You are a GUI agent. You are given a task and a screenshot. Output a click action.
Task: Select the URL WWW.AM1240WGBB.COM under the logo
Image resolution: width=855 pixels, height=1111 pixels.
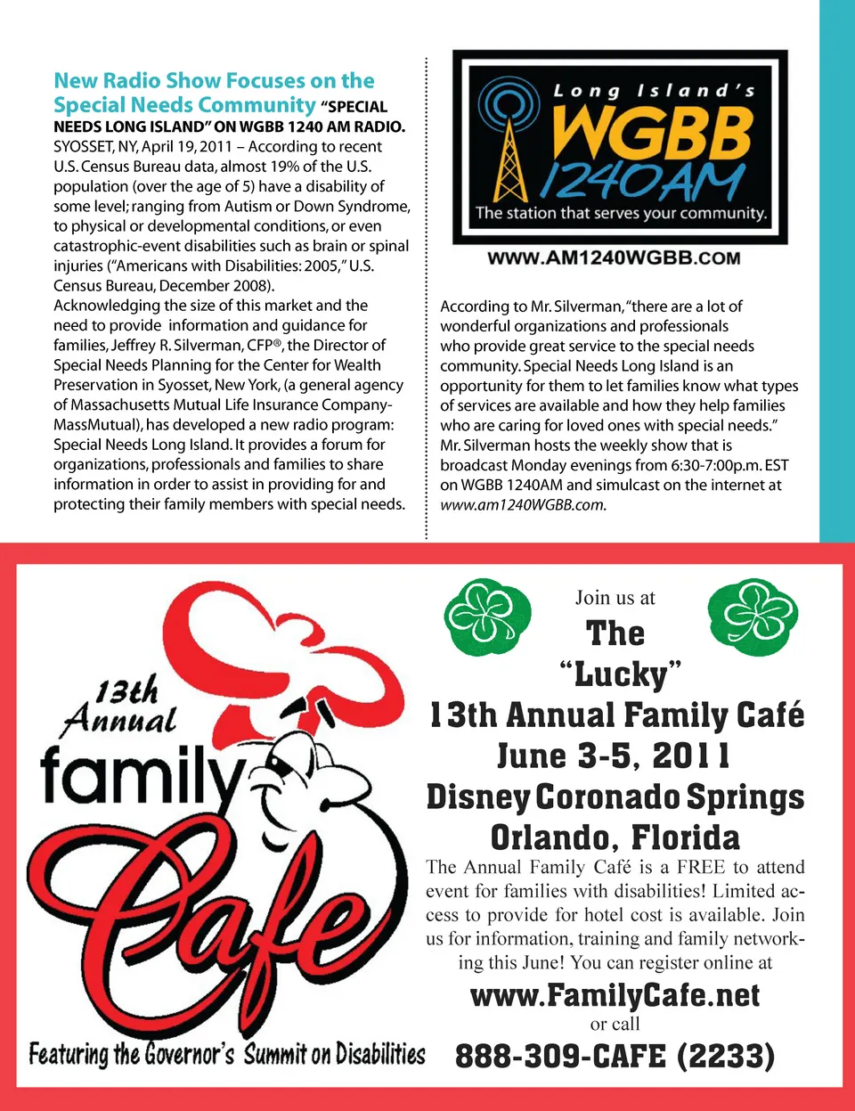point(614,258)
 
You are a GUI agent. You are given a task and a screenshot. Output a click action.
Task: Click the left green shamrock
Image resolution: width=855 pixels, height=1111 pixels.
point(486,614)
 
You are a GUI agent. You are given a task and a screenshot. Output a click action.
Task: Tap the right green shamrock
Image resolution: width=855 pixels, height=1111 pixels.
point(753,614)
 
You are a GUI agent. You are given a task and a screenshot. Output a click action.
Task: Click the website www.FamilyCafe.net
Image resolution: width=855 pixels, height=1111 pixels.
point(615,994)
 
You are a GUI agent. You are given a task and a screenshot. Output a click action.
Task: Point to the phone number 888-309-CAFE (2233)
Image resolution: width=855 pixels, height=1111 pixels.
point(615,1057)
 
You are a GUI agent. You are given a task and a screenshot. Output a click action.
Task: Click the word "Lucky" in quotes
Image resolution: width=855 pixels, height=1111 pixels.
point(620,674)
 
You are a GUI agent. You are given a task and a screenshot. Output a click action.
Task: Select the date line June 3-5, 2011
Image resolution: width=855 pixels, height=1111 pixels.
point(615,756)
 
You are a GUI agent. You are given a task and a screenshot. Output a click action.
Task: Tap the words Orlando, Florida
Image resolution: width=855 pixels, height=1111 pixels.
point(615,837)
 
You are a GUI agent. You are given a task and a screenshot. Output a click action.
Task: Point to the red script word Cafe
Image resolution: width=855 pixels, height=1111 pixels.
point(223,909)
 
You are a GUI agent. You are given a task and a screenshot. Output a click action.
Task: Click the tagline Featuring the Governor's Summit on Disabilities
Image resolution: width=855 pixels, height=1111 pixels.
point(226,1055)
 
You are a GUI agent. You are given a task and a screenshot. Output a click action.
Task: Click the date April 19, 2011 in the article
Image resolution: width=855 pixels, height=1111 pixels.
point(186,147)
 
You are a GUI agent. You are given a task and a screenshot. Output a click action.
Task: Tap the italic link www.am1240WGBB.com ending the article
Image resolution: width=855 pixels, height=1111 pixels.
point(523,505)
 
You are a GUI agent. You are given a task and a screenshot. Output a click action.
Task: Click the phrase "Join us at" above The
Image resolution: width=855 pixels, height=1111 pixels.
point(615,598)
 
